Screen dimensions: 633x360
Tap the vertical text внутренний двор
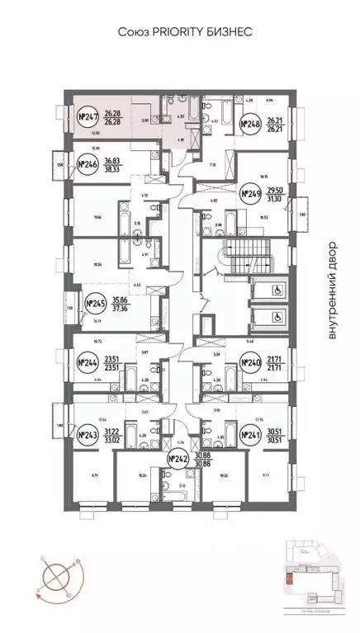pos(333,290)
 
